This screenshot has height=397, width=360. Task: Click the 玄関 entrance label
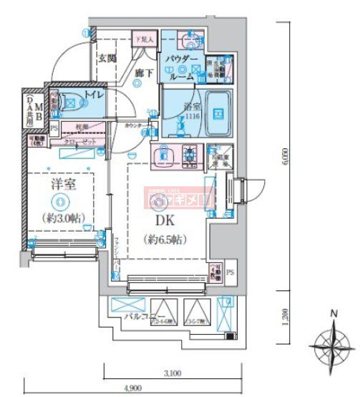pyautogui.click(x=107, y=57)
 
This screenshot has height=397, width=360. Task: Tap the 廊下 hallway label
pyautogui.click(x=140, y=72)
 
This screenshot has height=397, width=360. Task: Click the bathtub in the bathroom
pyautogui.click(x=216, y=113)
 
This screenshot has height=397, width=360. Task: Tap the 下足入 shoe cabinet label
pyautogui.click(x=143, y=40)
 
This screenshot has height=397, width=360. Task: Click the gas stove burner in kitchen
pyautogui.click(x=190, y=154)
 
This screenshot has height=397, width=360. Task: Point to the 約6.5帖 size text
pyautogui.click(x=164, y=239)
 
